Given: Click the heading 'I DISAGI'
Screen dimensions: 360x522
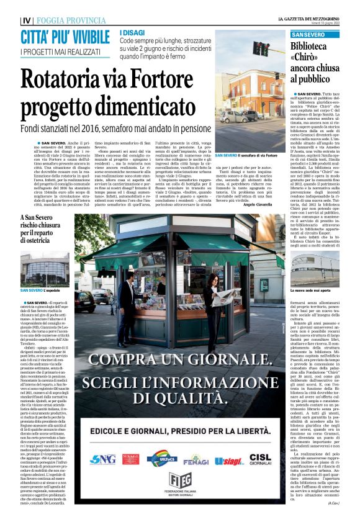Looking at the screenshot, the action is pos(131,32).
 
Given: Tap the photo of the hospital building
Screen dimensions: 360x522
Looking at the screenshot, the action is pos(45,269).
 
